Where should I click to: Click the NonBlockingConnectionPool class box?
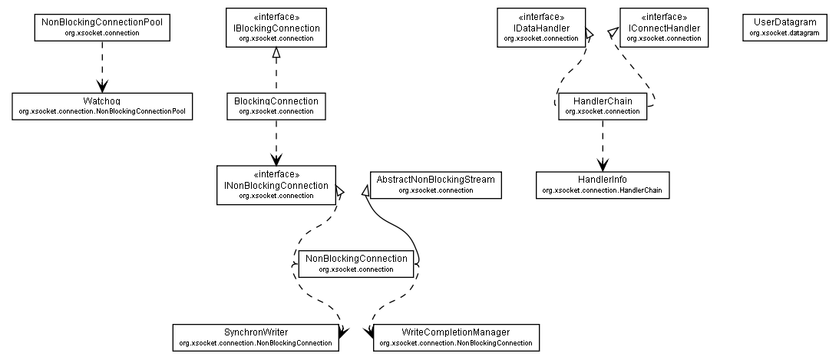(x=102, y=28)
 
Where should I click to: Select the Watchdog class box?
(x=102, y=106)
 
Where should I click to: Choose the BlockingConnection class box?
(x=276, y=106)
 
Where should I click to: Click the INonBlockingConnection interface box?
(x=276, y=185)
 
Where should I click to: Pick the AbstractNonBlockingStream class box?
(x=435, y=183)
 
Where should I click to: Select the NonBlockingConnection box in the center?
(x=356, y=263)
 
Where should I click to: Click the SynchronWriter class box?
(x=256, y=337)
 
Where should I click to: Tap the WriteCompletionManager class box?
(x=456, y=337)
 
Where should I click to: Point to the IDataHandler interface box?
(x=541, y=28)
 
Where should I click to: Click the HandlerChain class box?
(x=602, y=106)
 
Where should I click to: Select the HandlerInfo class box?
(x=602, y=185)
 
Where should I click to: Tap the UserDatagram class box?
(x=784, y=27)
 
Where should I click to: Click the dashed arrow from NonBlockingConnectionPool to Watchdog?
(x=102, y=65)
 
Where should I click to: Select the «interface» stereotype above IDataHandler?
(x=541, y=17)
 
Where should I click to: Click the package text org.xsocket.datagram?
(x=784, y=33)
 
